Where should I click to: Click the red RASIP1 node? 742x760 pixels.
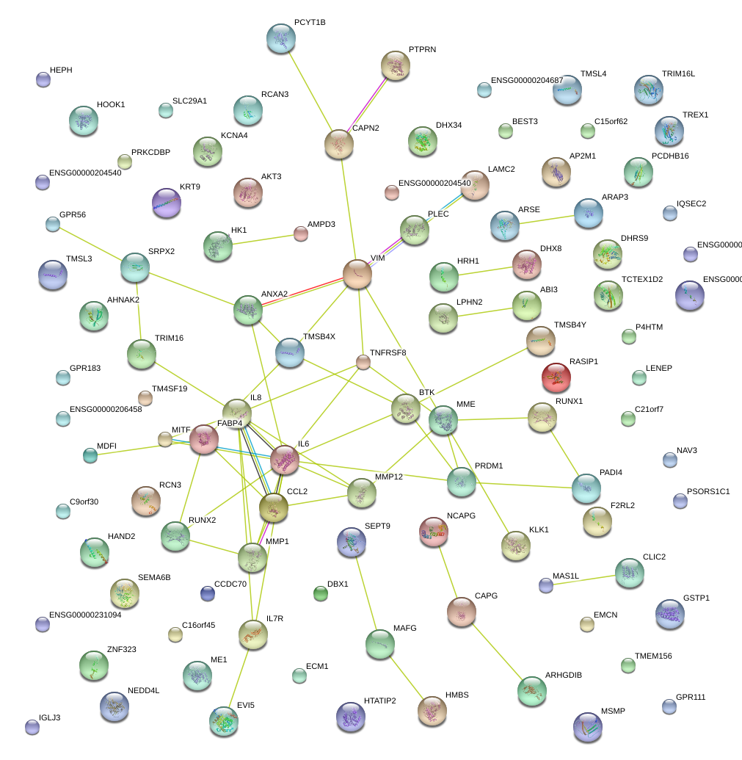[x=556, y=377]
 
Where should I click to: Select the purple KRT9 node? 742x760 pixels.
[x=166, y=203]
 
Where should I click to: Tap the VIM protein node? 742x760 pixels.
[x=357, y=274]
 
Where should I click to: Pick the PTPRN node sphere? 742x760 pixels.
[x=396, y=65]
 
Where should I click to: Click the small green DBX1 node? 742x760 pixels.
[x=320, y=593]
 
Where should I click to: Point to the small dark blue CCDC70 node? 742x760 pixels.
[x=208, y=593]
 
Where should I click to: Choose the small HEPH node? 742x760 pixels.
[x=43, y=79]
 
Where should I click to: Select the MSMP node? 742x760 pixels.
[x=587, y=726]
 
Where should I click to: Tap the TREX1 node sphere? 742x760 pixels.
[x=669, y=130]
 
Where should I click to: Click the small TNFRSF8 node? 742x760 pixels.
[x=363, y=361]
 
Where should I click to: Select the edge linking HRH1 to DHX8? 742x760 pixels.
[x=484, y=269]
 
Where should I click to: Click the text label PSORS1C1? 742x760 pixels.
[x=708, y=491]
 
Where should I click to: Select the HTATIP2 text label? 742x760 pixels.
[x=379, y=701]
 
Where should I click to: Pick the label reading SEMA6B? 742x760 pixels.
[x=154, y=578]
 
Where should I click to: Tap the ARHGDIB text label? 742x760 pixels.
[x=563, y=675]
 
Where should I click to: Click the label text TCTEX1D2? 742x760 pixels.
[x=642, y=280]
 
